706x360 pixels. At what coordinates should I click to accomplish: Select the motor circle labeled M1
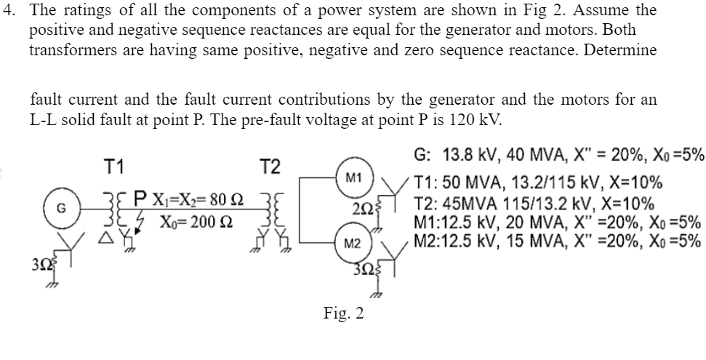click(x=354, y=177)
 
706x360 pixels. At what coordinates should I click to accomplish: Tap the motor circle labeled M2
click(x=354, y=241)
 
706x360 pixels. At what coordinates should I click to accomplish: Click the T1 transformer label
click(x=114, y=167)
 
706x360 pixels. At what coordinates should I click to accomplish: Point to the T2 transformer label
click(x=269, y=167)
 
